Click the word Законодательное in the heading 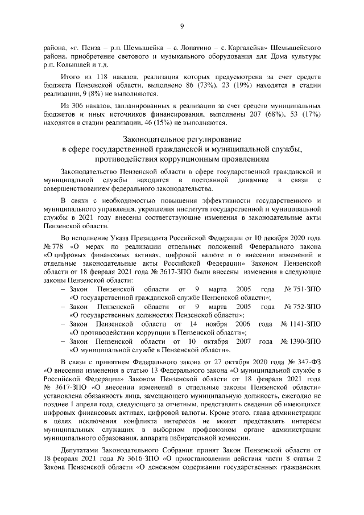pyautogui.click(x=154, y=139)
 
